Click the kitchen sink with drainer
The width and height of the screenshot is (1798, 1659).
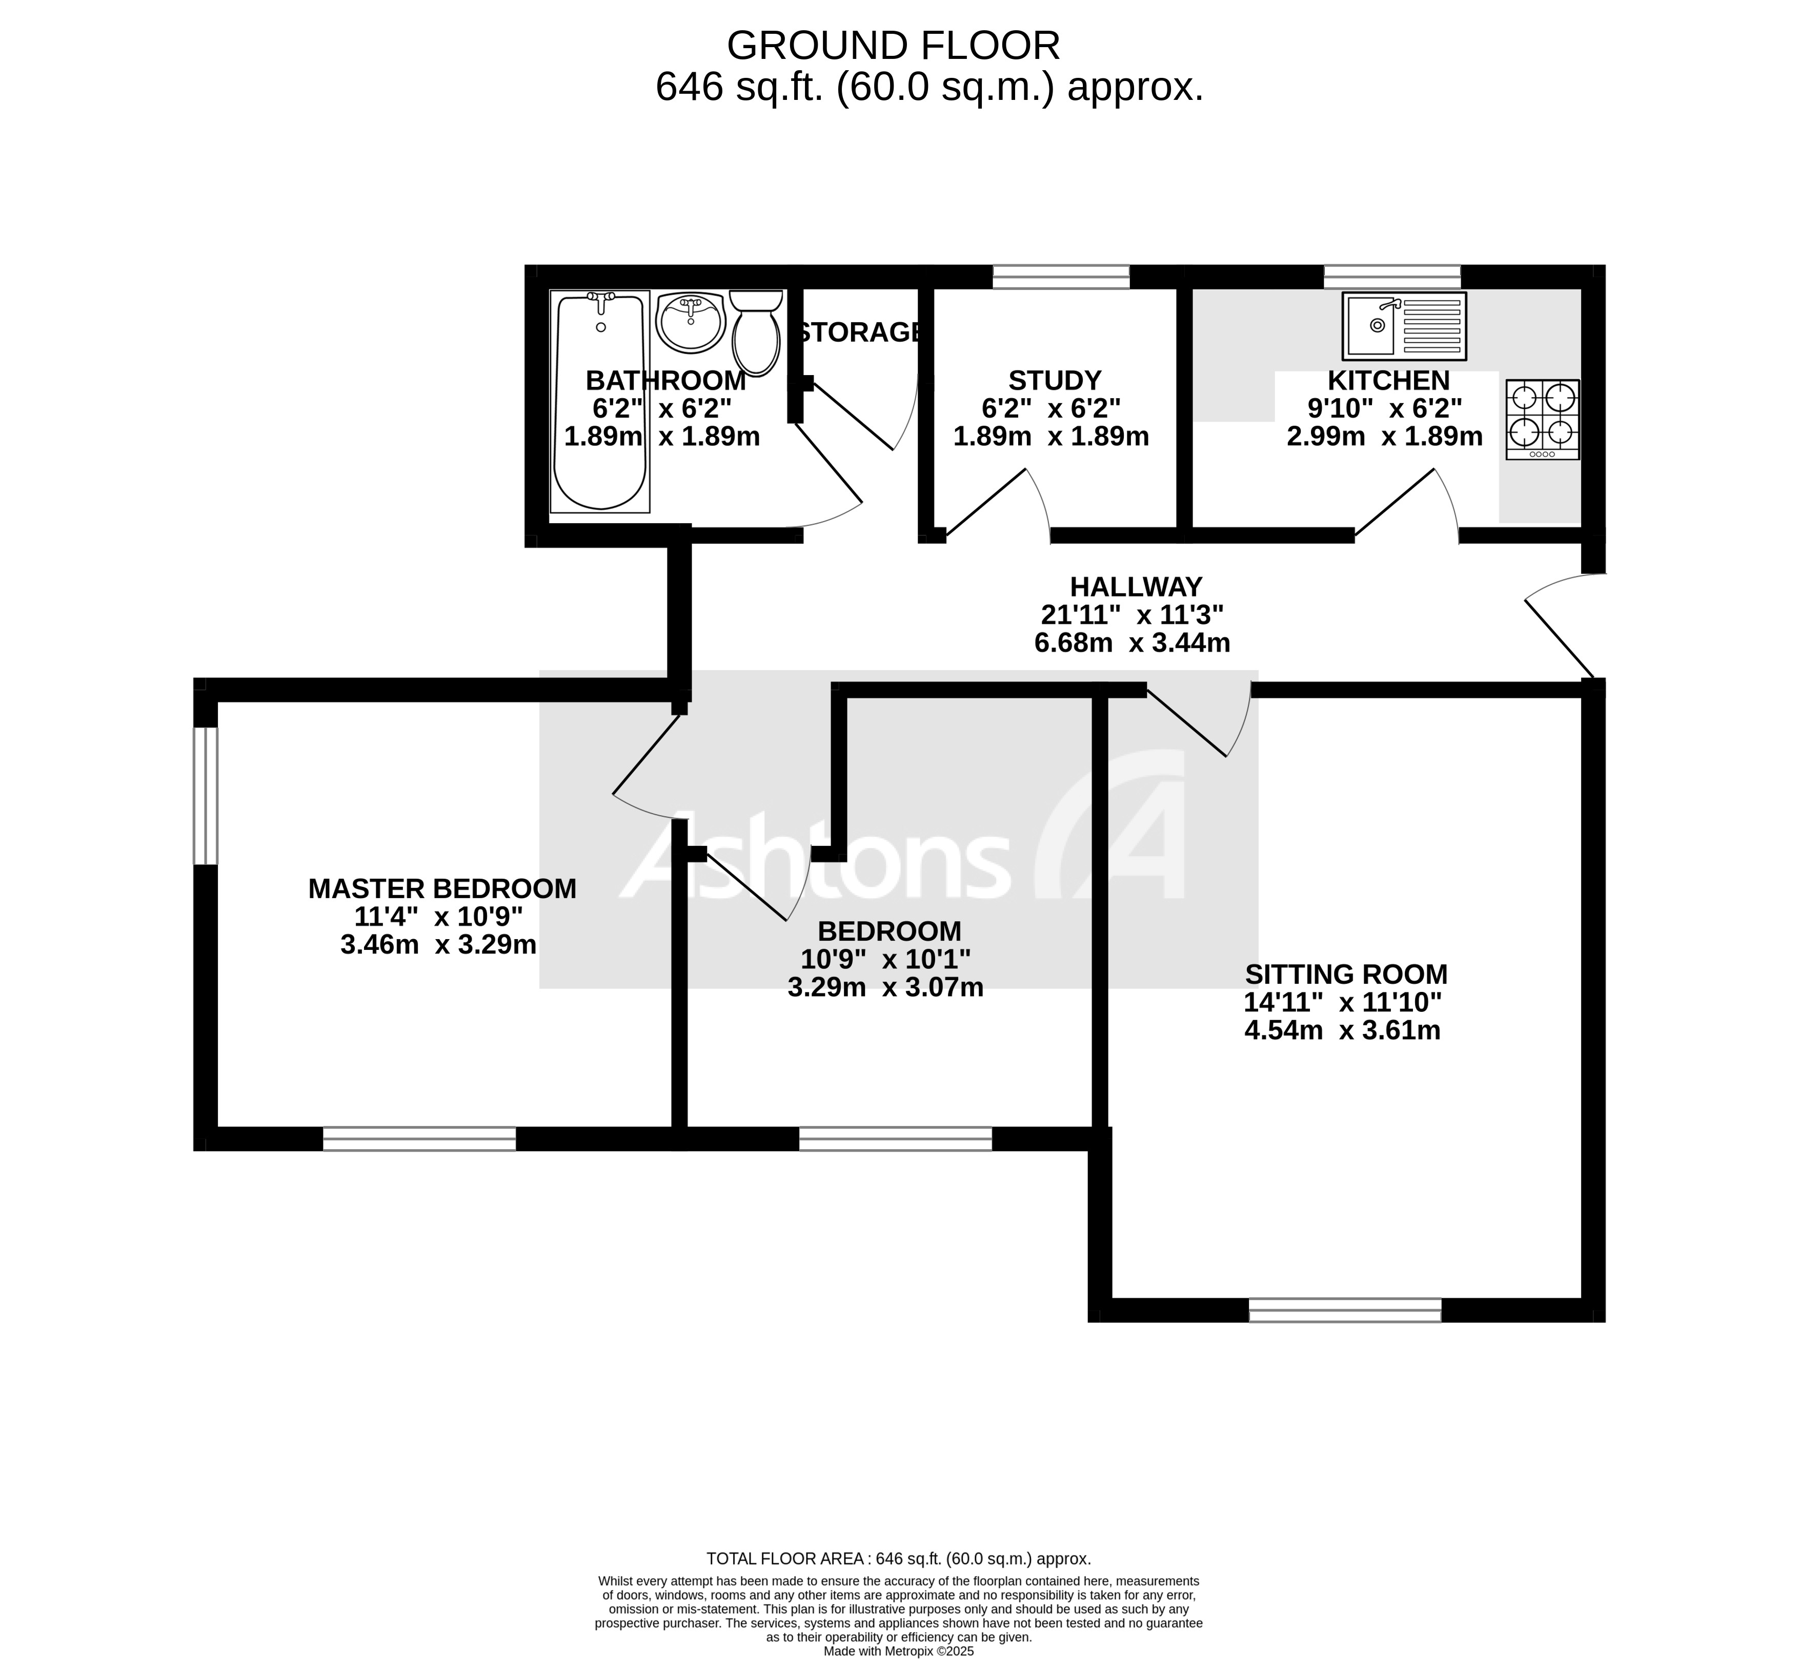[x=1404, y=325]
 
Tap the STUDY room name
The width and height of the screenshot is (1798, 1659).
[x=1055, y=381]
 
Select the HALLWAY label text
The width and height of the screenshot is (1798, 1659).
[x=1135, y=587]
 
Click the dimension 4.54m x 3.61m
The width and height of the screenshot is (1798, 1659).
[x=1342, y=1030]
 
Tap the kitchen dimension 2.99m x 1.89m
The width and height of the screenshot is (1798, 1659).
[x=1384, y=437]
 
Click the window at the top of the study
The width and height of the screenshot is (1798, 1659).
[x=1061, y=277]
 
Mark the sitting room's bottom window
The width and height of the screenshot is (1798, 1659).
[x=1344, y=1310]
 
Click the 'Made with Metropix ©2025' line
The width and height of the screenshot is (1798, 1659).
[x=898, y=1650]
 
